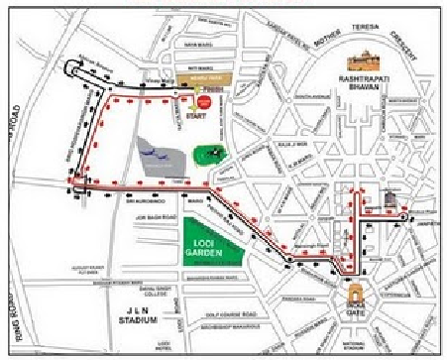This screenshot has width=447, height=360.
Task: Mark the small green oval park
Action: (209, 155)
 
